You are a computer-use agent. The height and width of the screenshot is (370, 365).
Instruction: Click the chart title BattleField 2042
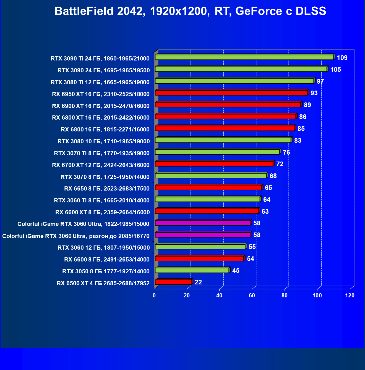tap(190, 11)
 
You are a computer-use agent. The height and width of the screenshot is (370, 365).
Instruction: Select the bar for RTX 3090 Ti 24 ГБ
tap(244, 57)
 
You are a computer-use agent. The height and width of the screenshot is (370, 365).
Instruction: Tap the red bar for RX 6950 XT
tap(231, 93)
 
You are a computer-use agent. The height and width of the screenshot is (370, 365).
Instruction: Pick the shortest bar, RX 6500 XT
tap(173, 282)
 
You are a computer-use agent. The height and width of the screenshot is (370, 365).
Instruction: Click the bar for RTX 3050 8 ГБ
tap(192, 270)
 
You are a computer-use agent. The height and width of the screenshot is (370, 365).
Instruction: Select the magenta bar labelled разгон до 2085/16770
tap(203, 235)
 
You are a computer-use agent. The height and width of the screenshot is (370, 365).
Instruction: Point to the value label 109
tap(342, 58)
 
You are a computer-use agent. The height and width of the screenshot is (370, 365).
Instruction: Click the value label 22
tap(198, 282)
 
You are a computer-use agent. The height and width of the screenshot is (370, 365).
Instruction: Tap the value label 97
tap(320, 81)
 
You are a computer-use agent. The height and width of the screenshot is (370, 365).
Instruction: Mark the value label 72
tap(280, 164)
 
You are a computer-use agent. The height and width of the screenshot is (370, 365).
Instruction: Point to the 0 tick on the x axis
tap(154, 295)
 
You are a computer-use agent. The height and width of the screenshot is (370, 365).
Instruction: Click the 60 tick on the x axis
tap(252, 295)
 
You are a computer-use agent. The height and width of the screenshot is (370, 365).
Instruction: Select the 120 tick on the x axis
tap(350, 295)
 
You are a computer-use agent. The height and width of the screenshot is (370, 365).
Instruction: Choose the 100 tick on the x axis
tap(317, 295)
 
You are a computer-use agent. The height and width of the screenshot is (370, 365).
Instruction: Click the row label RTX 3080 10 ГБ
tap(103, 141)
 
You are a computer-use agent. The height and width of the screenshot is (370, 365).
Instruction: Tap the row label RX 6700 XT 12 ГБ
tap(101, 165)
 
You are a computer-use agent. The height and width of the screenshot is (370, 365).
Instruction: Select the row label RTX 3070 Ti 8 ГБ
tap(102, 153)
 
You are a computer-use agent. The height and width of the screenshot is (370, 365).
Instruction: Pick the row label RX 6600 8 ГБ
tap(107, 260)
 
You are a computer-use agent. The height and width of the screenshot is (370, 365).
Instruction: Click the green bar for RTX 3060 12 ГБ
tap(200, 247)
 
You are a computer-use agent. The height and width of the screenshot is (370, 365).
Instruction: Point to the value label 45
tap(236, 271)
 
